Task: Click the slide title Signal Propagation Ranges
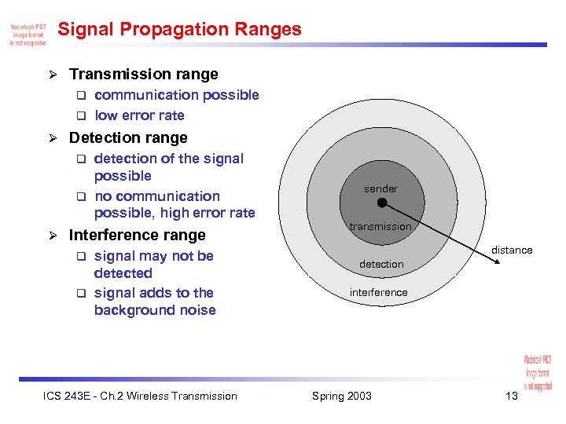click(180, 30)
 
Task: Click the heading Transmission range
click(143, 75)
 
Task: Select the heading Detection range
click(128, 138)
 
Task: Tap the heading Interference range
click(137, 236)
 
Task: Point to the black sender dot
click(381, 203)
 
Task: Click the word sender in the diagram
click(380, 189)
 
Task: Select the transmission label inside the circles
click(380, 227)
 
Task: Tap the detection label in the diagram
click(381, 265)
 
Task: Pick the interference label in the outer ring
click(379, 293)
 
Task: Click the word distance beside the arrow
click(512, 250)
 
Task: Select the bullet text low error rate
click(139, 115)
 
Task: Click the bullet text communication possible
click(176, 95)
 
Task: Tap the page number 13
click(512, 396)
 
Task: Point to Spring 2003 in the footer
click(342, 396)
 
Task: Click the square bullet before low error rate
click(79, 116)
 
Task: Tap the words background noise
click(155, 310)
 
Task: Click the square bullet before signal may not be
click(79, 257)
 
